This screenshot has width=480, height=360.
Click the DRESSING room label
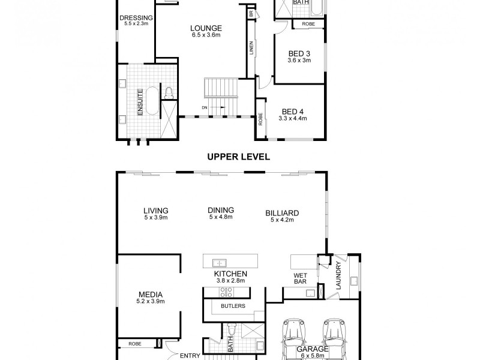tap(134, 17)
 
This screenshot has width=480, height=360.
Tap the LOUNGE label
tap(206, 28)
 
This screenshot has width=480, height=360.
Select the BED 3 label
tap(299, 53)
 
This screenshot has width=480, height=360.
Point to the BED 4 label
tap(292, 112)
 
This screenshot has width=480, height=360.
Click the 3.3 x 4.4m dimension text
tap(292, 119)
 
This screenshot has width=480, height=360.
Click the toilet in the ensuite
tap(169, 92)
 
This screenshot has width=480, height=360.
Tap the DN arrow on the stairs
tap(214, 107)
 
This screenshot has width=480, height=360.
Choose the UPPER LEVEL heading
tap(238, 157)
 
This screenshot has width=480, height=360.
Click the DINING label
tap(220, 210)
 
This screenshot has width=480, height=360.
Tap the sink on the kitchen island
tap(220, 262)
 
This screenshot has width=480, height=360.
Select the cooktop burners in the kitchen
tap(227, 292)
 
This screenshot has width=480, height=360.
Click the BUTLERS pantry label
tap(233, 305)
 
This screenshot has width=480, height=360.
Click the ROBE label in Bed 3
tap(308, 24)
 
